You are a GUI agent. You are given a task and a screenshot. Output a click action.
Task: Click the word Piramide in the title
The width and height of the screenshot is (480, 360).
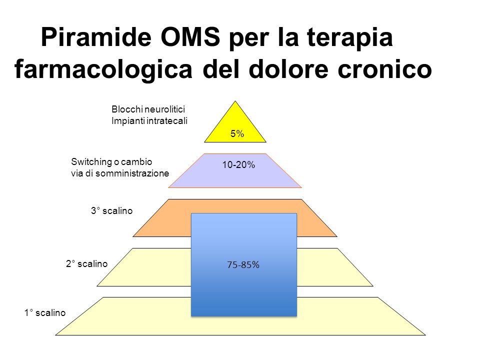pyautogui.click(x=96, y=37)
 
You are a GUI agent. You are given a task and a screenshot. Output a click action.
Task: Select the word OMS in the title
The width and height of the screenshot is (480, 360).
pyautogui.click(x=190, y=37)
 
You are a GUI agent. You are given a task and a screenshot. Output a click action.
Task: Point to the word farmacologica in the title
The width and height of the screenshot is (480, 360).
pyautogui.click(x=103, y=70)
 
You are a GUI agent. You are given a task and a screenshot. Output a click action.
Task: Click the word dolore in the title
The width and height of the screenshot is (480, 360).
pyautogui.click(x=288, y=69)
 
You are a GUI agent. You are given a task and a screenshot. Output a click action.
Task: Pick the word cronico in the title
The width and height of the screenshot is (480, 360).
pyautogui.click(x=385, y=69)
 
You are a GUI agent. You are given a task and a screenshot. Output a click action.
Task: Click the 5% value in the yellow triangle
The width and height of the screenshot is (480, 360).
pyautogui.click(x=237, y=134)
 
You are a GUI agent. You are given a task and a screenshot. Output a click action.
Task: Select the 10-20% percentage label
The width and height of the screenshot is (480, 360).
pyautogui.click(x=238, y=165)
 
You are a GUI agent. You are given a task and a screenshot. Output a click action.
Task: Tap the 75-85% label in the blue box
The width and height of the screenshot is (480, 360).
pyautogui.click(x=243, y=265)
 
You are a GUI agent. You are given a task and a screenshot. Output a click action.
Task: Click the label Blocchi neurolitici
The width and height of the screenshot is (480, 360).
pyautogui.click(x=148, y=109)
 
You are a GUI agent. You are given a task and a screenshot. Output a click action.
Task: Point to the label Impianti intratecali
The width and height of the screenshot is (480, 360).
pyautogui.click(x=149, y=121)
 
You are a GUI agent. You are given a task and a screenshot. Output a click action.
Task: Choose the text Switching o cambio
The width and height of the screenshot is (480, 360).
pyautogui.click(x=111, y=161)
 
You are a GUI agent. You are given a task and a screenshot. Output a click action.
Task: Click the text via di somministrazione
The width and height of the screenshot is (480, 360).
pyautogui.click(x=120, y=173)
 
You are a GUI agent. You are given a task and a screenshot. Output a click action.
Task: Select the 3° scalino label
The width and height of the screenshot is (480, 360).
pyautogui.click(x=111, y=210)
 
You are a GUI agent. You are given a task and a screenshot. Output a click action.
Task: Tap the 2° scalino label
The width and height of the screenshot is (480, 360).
pyautogui.click(x=86, y=263)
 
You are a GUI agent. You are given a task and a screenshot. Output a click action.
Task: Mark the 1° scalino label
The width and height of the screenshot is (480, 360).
pyautogui.click(x=45, y=312)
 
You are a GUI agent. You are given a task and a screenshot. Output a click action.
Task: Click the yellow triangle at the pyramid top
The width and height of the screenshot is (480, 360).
pyautogui.click(x=235, y=128)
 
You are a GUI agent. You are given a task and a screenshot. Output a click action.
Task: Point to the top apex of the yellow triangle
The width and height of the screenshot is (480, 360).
pyautogui.click(x=235, y=101)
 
